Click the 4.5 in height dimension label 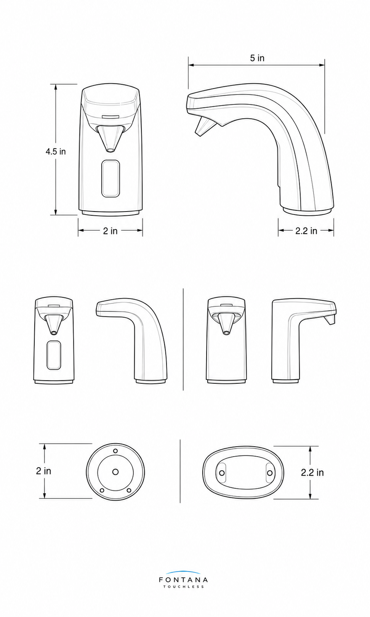[56, 152]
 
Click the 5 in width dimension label [257, 58]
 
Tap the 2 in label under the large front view [110, 231]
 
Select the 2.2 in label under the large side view [306, 231]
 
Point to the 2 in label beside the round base [43, 471]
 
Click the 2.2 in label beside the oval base [312, 473]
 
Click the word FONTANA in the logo [183, 580]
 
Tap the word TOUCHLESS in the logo [184, 587]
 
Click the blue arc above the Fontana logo [183, 572]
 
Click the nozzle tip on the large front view [110, 150]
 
